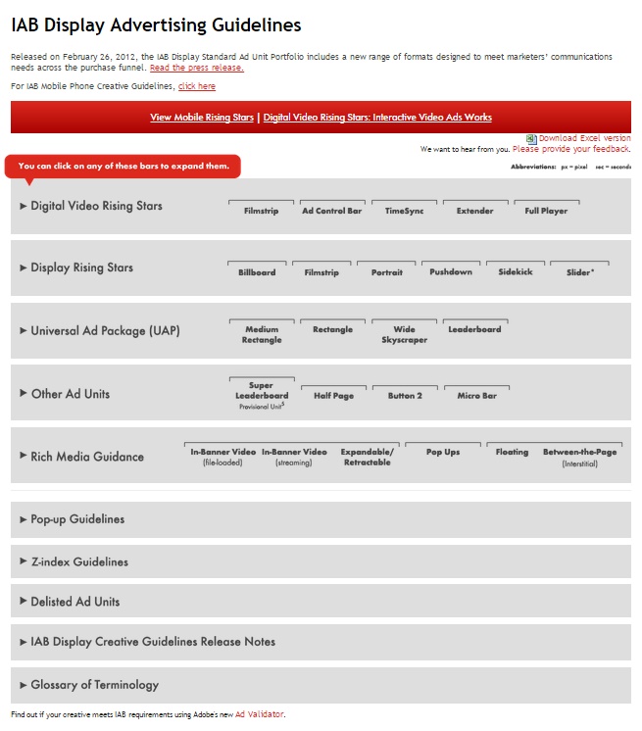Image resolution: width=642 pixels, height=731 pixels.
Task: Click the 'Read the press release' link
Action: (196, 68)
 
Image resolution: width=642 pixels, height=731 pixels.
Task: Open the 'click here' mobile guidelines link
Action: (196, 86)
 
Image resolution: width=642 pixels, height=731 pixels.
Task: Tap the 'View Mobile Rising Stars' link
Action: (202, 118)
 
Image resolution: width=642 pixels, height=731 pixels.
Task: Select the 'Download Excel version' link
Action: (584, 139)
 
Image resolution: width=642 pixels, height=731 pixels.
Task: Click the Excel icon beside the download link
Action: (531, 139)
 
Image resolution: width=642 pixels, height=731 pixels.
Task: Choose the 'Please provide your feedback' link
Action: (571, 149)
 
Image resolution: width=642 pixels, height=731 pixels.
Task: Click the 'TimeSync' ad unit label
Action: (404, 211)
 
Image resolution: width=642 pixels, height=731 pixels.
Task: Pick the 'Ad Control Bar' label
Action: (331, 211)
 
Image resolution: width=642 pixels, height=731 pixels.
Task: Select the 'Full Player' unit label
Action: (546, 211)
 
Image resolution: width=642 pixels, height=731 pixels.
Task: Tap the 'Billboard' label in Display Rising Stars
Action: (257, 272)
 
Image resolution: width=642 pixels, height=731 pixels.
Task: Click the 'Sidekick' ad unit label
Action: (516, 271)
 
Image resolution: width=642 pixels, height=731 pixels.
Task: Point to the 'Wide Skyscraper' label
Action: (404, 334)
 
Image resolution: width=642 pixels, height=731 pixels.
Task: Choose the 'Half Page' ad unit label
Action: (333, 395)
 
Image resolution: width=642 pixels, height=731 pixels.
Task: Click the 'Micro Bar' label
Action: (476, 395)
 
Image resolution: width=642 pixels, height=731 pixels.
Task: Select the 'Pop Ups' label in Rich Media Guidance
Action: (443, 452)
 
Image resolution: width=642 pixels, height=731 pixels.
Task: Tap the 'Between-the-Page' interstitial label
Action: (579, 452)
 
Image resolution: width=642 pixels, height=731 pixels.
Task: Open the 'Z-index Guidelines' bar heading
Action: (79, 562)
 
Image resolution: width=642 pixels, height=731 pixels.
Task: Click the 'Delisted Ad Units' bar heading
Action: (75, 602)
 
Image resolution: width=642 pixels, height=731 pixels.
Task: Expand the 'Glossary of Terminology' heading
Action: (94, 685)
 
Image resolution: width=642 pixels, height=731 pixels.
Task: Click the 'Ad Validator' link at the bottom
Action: (260, 714)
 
